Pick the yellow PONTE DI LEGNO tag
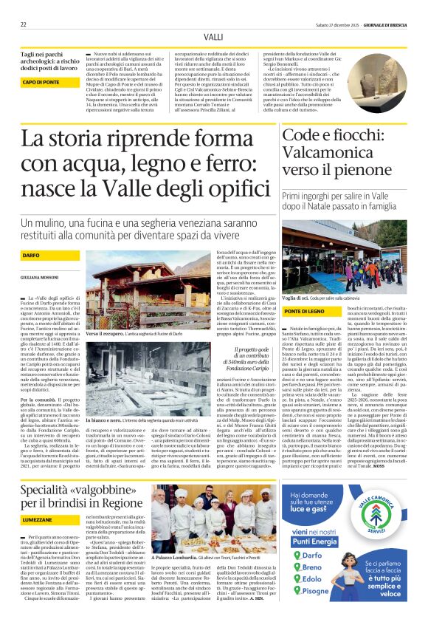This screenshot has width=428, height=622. pos(304,313)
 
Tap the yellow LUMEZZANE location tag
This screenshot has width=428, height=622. pos(36,520)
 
